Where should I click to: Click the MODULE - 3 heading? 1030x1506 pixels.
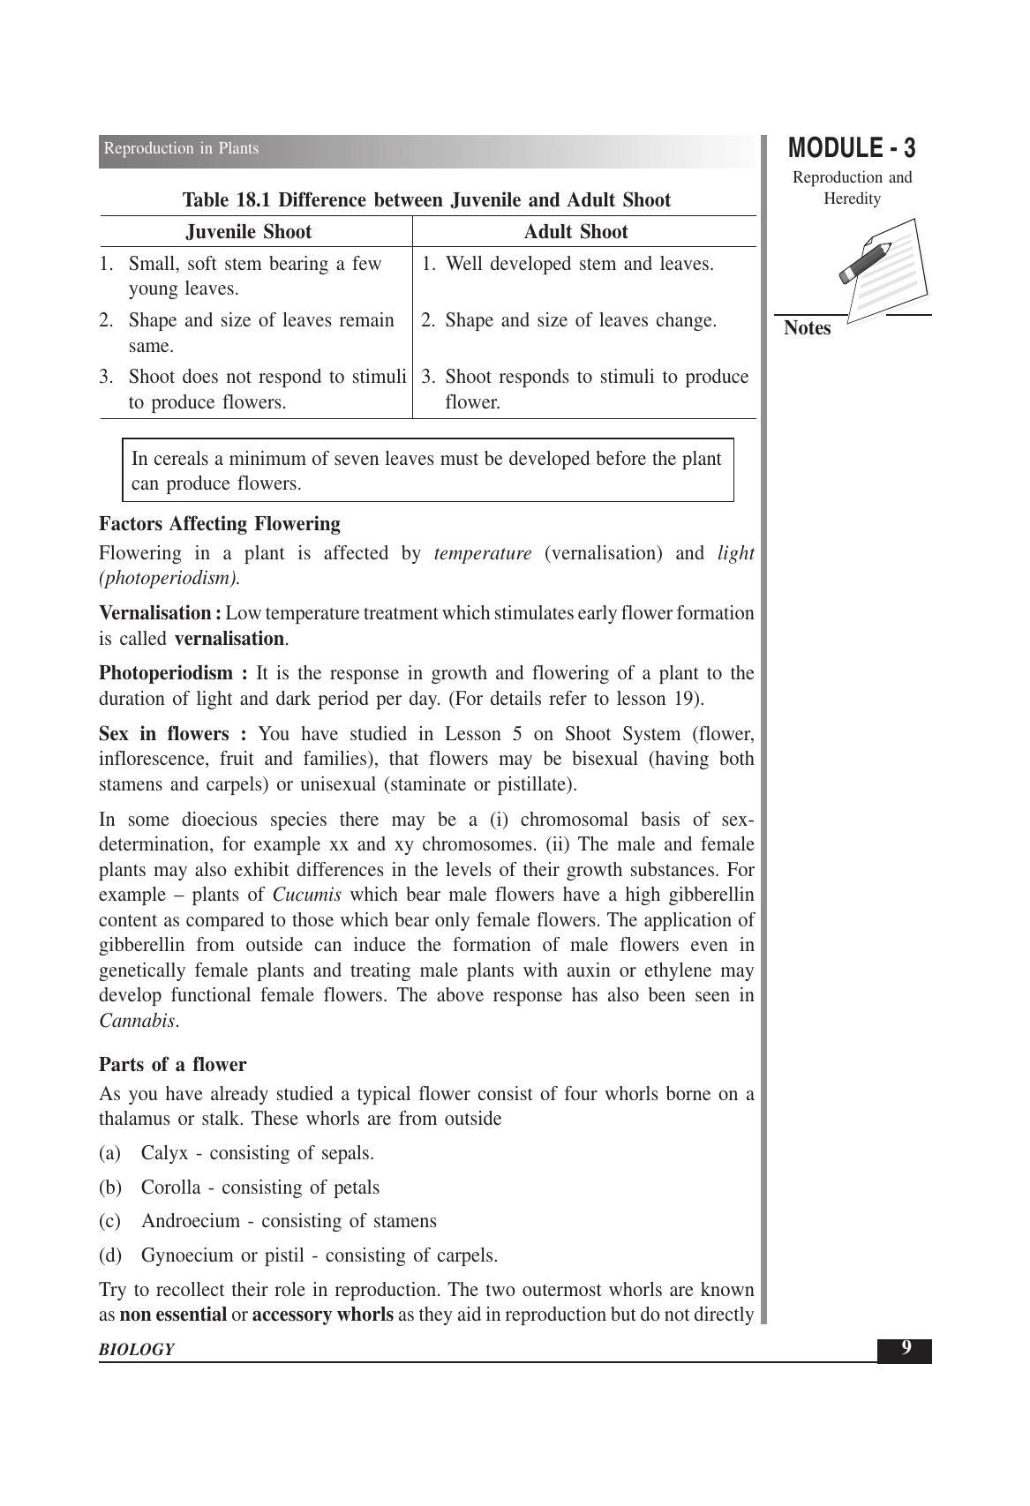click(x=852, y=148)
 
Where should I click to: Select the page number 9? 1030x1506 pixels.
click(x=905, y=1348)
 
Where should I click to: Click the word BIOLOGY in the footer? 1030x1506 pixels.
click(x=137, y=1350)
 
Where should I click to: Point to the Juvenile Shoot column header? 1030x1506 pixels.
click(x=249, y=232)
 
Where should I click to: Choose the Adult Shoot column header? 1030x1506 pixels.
click(x=575, y=232)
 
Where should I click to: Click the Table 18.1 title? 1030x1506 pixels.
click(x=426, y=200)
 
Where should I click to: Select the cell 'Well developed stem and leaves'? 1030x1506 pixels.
click(x=579, y=264)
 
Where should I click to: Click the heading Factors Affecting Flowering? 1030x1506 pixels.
click(x=220, y=524)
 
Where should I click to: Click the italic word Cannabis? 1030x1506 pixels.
click(x=137, y=1021)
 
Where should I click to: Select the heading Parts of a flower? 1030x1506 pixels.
click(x=173, y=1064)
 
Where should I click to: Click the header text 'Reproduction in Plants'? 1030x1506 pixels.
click(x=182, y=148)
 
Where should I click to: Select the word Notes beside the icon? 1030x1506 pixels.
click(x=808, y=328)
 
